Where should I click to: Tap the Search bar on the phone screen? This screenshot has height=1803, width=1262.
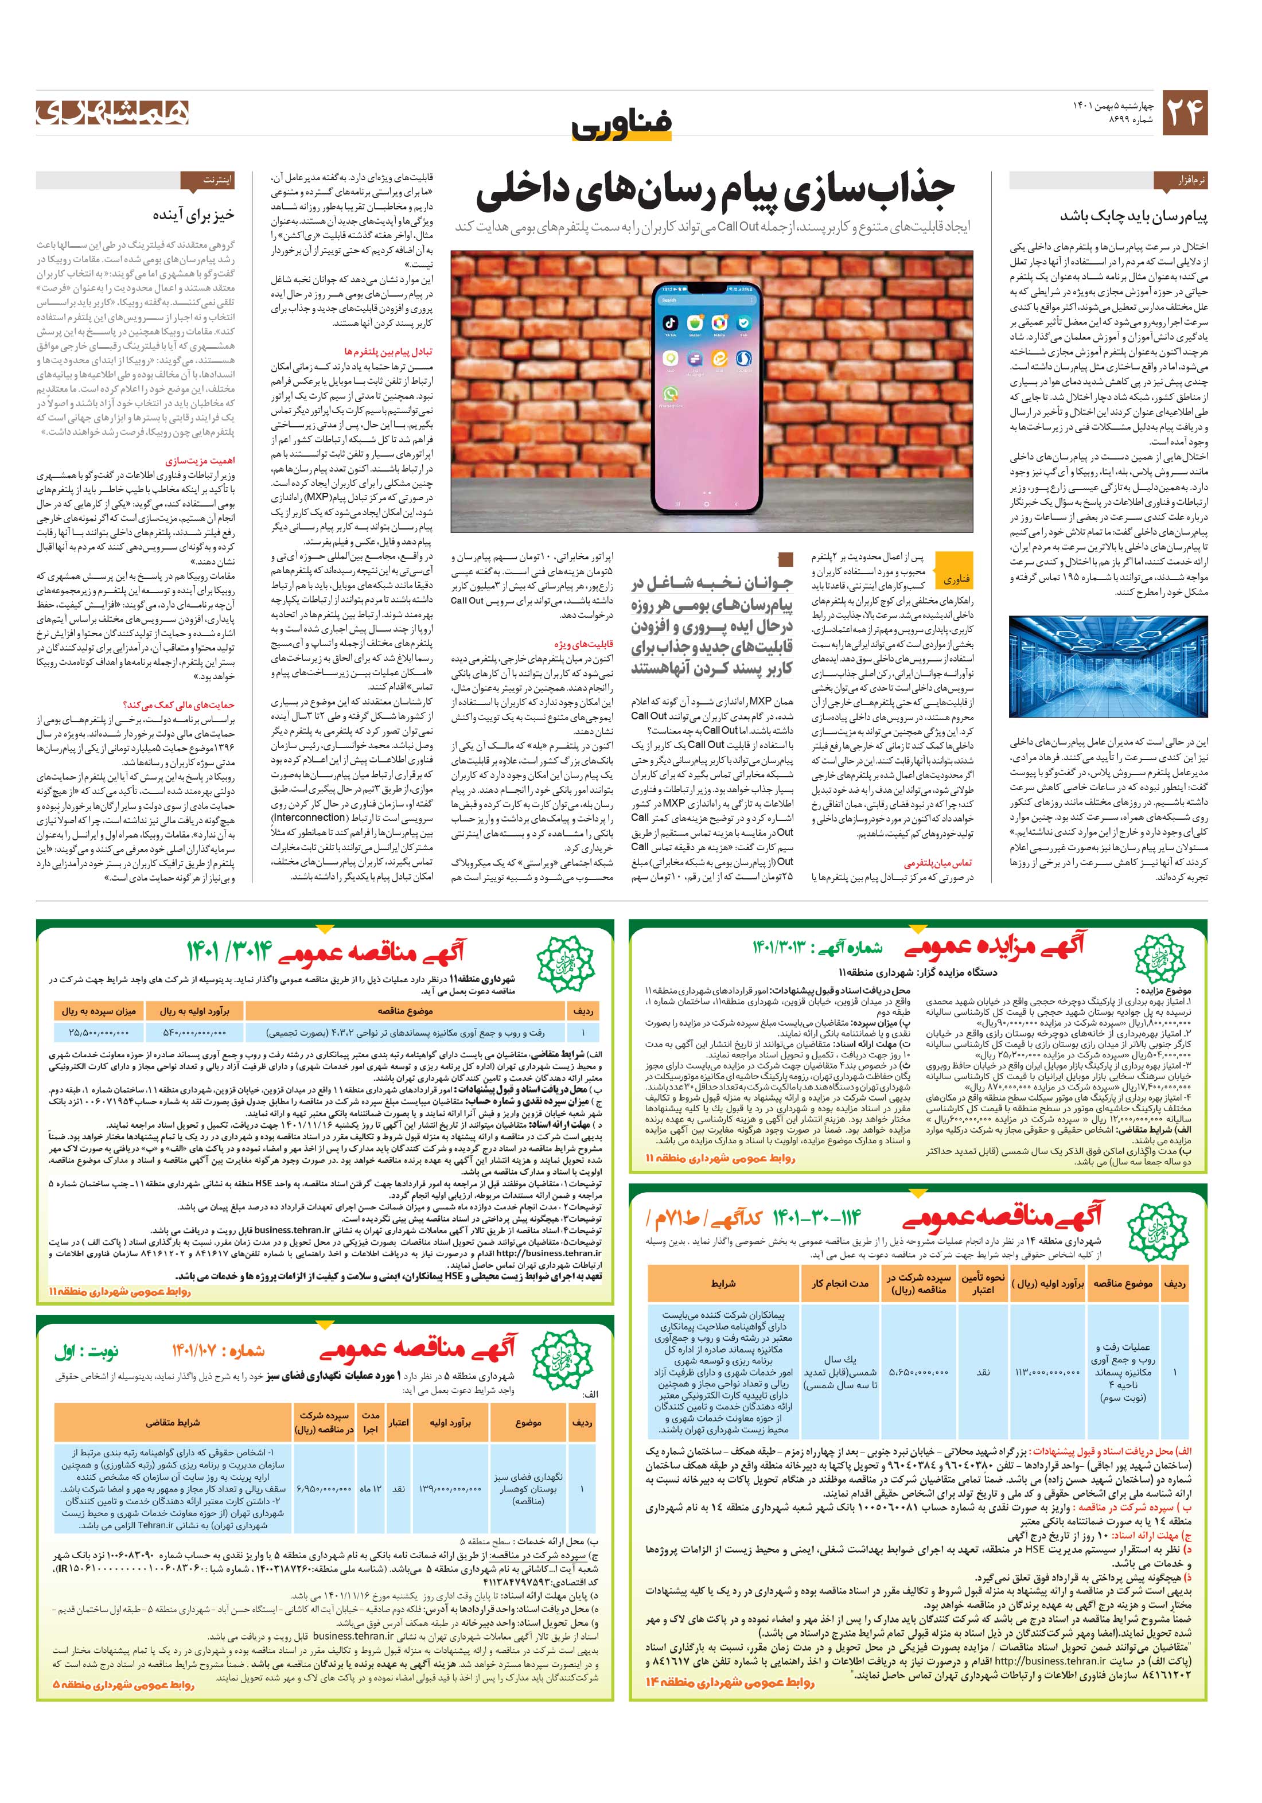click(x=707, y=300)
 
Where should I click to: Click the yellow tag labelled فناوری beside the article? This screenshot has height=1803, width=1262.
click(x=955, y=579)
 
